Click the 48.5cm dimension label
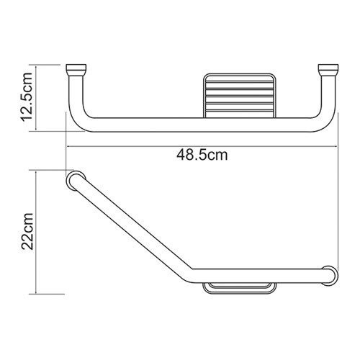point(204,153)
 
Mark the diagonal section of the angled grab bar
point(130,226)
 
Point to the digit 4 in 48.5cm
point(181,153)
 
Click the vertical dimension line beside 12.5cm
point(40,101)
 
